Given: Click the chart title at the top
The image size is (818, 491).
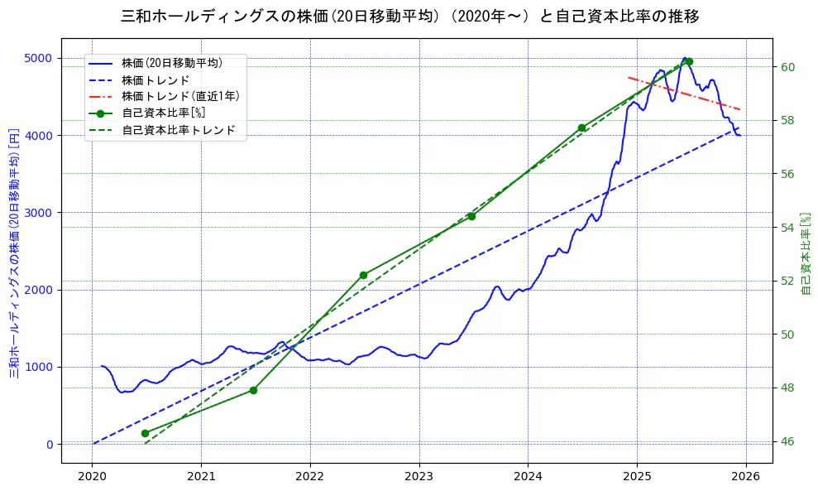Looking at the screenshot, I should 409,16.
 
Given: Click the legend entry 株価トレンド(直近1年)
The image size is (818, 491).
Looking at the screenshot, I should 179,96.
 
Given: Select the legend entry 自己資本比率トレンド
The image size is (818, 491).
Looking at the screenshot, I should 178,130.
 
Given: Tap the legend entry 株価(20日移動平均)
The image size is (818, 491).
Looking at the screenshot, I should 171,62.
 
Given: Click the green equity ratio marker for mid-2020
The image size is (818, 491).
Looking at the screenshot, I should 145,433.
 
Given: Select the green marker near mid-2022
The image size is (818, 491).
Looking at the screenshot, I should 363,275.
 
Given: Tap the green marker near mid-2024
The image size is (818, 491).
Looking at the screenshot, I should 581,128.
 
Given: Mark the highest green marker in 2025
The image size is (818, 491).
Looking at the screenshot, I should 689,61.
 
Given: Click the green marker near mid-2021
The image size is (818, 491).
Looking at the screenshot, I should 253,390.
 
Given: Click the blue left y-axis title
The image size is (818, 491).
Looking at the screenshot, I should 14,253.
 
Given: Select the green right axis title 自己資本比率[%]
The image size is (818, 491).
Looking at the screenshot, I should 807,253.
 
